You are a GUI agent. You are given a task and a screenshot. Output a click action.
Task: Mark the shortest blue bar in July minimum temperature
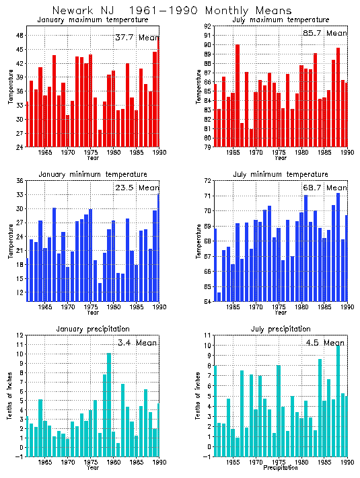pos(219,296)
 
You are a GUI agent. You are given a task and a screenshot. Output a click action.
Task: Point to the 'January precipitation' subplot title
pos(93,329)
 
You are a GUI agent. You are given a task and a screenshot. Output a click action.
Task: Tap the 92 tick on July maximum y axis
pos(208,26)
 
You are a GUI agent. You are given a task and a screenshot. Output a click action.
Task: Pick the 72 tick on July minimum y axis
pos(208,181)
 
